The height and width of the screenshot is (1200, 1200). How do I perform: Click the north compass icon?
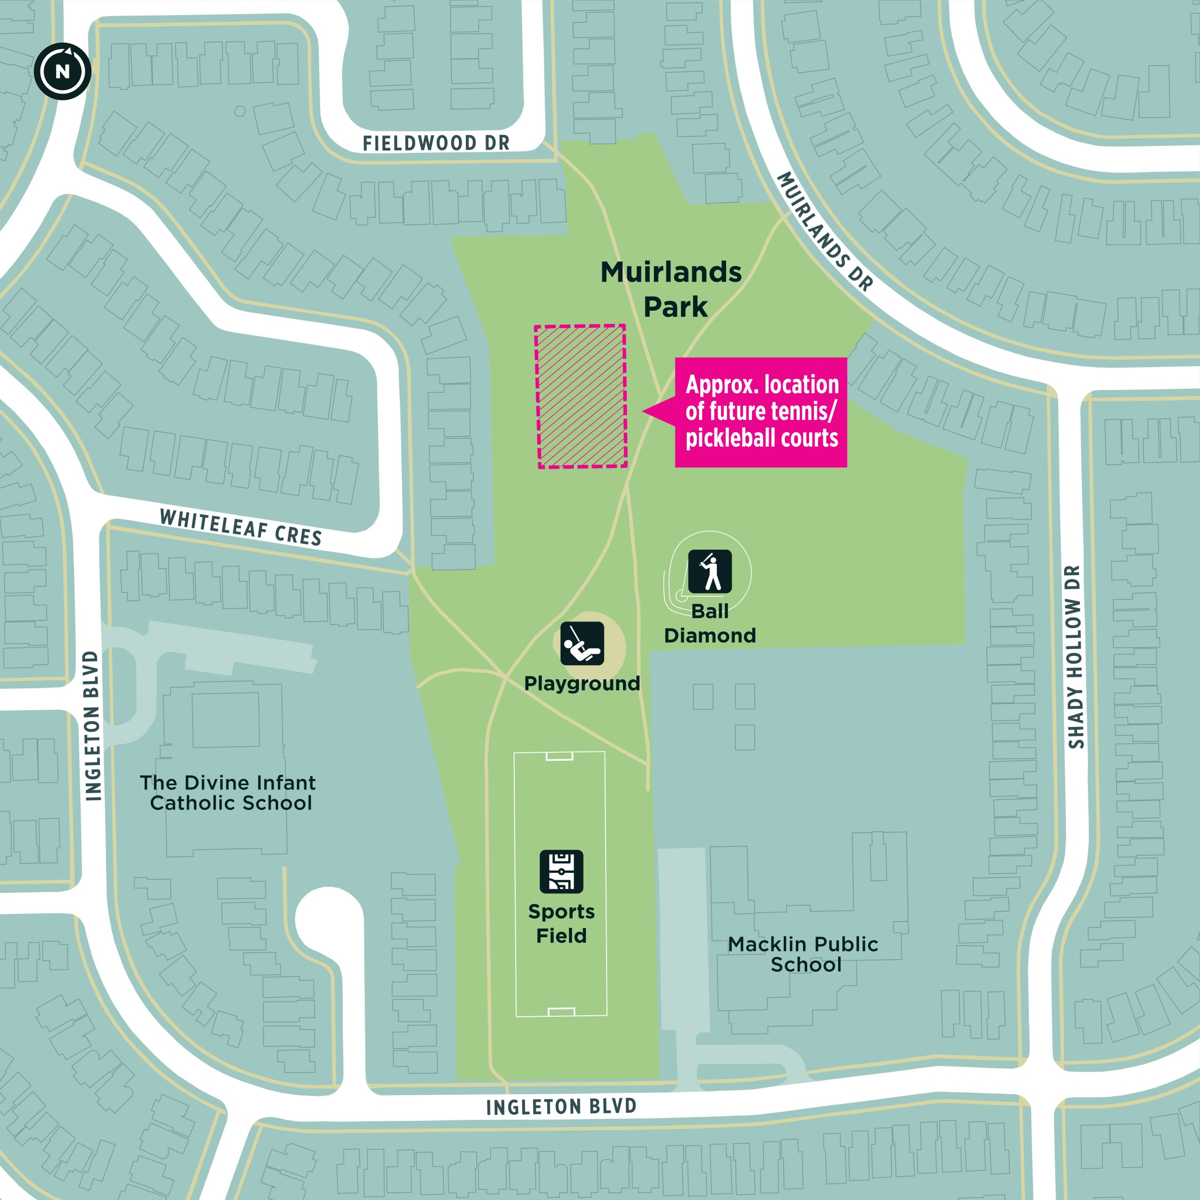(63, 71)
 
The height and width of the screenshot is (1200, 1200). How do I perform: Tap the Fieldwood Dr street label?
(436, 143)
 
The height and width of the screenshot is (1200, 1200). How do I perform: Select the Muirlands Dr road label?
(825, 231)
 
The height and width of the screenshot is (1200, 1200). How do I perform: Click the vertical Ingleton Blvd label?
(92, 726)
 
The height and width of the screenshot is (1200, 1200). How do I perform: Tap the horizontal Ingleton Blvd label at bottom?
(561, 1106)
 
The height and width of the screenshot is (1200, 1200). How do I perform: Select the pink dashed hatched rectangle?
(581, 396)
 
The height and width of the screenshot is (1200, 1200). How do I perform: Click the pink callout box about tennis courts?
(761, 412)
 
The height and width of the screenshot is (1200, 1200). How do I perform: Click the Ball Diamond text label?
(710, 623)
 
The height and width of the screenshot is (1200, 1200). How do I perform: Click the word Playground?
(582, 683)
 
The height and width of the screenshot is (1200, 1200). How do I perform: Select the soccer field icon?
(561, 871)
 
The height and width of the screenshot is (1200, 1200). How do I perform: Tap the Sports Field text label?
(561, 923)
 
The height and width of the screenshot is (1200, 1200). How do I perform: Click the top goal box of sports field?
(559, 756)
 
